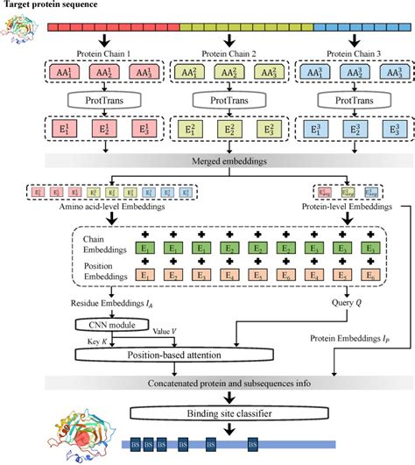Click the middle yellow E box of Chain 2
click(x=227, y=131)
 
